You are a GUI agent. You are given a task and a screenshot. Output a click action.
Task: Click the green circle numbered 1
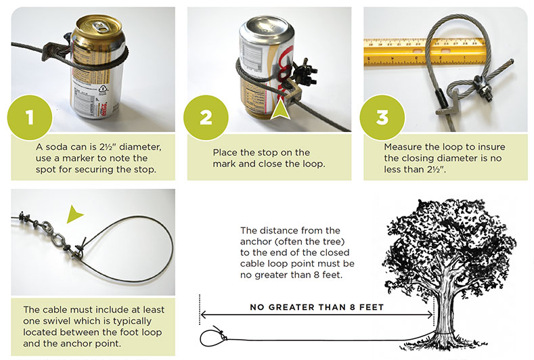(x=29, y=117)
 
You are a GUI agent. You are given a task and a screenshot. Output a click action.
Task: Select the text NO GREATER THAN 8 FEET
(x=316, y=307)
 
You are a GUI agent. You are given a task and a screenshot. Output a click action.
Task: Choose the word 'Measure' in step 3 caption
(x=403, y=146)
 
